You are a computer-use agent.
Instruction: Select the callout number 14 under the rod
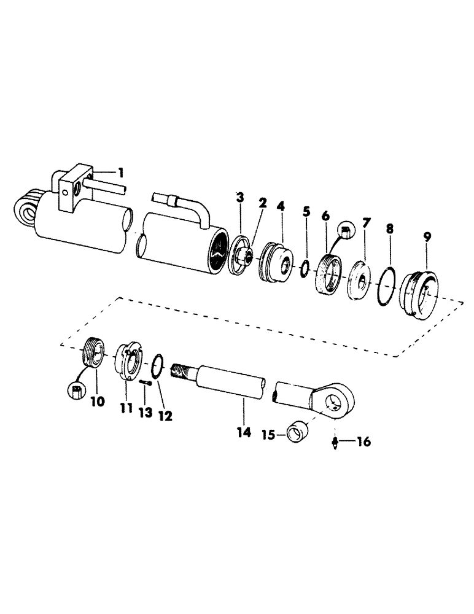[x=244, y=433]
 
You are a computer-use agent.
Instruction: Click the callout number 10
[x=99, y=402]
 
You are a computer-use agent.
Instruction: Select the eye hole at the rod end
[x=333, y=403]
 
